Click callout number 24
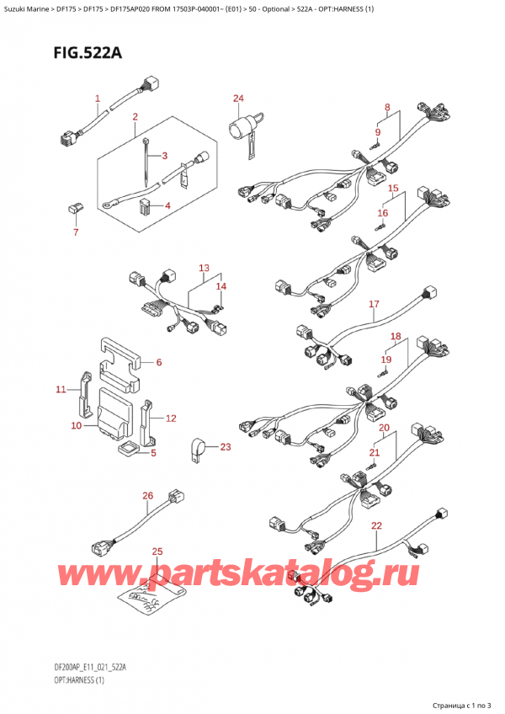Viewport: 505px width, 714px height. click(238, 99)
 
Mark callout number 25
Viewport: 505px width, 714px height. click(157, 551)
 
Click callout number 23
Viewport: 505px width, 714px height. click(225, 447)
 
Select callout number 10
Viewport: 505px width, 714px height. click(76, 426)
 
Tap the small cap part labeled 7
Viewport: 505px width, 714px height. click(73, 207)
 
